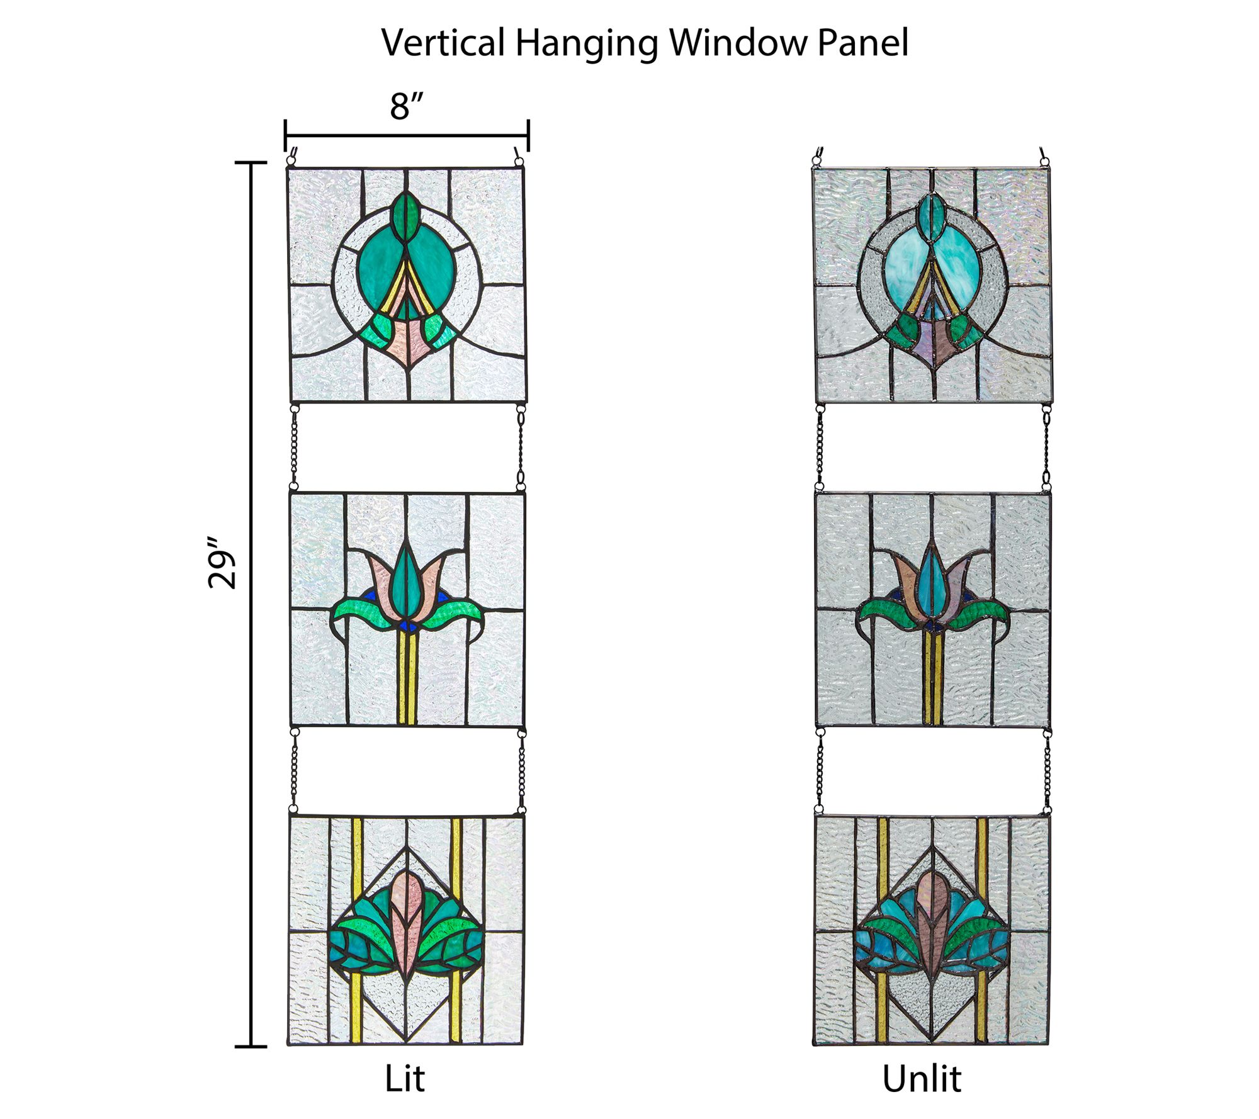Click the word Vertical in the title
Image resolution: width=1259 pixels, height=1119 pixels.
point(443,43)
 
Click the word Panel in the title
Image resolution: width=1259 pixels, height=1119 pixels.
point(863,43)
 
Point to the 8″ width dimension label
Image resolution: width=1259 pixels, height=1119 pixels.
point(407,106)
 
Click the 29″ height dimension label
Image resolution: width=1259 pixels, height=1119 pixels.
point(222,563)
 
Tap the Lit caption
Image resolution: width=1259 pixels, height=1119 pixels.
point(405,1079)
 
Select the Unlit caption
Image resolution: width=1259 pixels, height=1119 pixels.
point(922,1079)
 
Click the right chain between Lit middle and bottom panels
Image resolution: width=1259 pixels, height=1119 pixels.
point(521,772)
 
